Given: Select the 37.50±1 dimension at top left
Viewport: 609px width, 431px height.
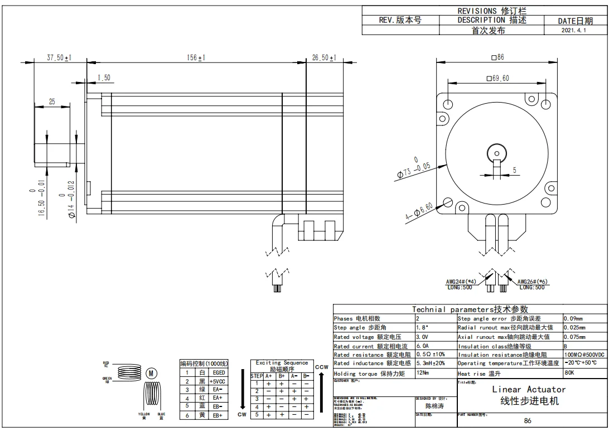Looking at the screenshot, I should point(60,57).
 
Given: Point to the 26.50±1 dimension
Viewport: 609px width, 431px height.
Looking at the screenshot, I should point(324,57).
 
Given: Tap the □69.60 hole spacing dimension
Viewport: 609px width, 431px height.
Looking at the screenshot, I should point(497,78).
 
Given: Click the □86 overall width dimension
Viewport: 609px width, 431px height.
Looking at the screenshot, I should point(497,57).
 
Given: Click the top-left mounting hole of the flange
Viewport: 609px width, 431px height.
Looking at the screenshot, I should point(448,104).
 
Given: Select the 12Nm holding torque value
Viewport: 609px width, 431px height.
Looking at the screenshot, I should point(422,373).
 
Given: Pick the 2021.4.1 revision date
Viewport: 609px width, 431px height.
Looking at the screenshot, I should point(575,31).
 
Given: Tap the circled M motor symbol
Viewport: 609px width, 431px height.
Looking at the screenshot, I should point(151,373).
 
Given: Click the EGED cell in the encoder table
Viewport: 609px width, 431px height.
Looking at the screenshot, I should point(219,372).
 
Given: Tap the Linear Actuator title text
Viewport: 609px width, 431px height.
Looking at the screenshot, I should point(528,389).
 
